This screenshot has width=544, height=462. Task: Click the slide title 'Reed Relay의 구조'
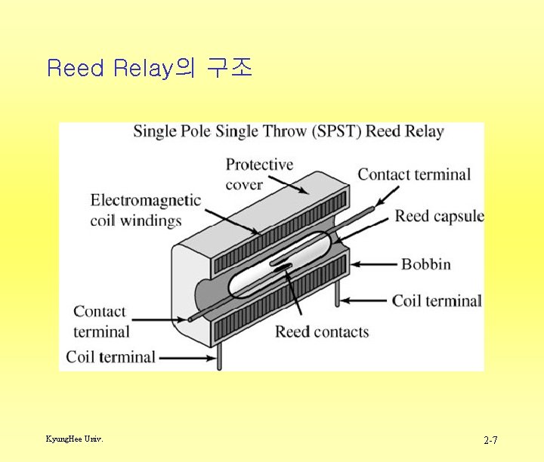click(x=149, y=69)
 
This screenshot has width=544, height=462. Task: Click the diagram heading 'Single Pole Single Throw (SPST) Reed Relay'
click(x=289, y=131)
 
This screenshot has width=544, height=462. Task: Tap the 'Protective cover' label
click(x=259, y=174)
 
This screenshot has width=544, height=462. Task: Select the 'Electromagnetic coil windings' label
click(x=145, y=210)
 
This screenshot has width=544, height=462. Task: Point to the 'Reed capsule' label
click(x=439, y=217)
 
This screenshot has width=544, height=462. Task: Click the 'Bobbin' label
click(x=425, y=263)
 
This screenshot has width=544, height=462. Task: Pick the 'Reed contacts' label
click(x=322, y=331)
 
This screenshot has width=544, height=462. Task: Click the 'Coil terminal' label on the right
click(x=436, y=300)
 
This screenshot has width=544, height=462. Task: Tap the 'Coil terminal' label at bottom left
click(x=110, y=356)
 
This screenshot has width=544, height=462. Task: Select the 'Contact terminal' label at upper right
click(x=413, y=174)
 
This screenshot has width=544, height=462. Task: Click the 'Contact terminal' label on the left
click(x=100, y=321)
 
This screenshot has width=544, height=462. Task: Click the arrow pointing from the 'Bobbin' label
click(x=373, y=264)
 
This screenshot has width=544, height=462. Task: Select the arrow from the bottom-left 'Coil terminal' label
click(x=186, y=357)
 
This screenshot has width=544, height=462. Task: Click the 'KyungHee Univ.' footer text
click(x=74, y=439)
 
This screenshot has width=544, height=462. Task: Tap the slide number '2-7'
click(x=490, y=439)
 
